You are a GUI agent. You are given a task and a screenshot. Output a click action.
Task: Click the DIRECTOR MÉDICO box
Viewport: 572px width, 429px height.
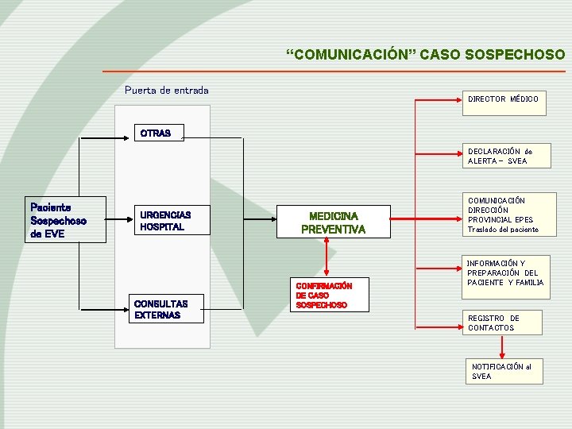tap(504, 99)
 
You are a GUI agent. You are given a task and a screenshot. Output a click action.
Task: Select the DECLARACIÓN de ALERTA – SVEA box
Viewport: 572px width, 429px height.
tap(504, 156)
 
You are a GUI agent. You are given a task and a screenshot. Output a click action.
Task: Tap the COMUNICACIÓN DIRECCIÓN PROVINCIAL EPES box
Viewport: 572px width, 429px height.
tap(504, 214)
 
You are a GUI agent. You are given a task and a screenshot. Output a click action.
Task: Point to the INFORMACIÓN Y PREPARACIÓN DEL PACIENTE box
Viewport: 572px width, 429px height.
tap(504, 272)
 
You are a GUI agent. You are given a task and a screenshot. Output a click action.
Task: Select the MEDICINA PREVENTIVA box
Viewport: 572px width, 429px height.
tap(333, 222)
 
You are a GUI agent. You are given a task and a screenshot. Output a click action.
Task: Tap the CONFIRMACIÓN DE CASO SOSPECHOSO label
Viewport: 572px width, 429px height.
tap(323, 295)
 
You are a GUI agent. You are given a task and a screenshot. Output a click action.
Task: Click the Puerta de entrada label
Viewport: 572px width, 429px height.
tap(167, 90)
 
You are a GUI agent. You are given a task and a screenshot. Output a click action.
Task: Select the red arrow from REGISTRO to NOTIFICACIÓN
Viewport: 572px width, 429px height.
tap(502, 346)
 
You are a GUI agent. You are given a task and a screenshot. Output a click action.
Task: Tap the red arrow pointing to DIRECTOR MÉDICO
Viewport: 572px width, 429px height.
tap(437, 100)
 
